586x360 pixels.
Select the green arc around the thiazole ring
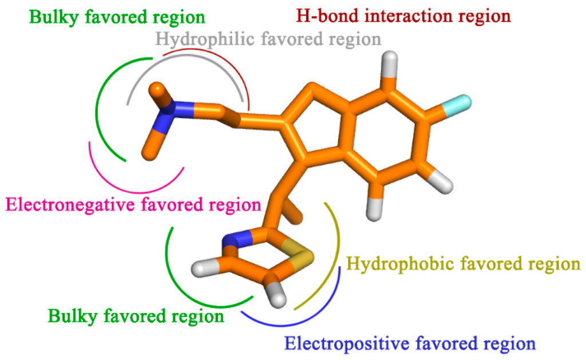coord(172,269)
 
